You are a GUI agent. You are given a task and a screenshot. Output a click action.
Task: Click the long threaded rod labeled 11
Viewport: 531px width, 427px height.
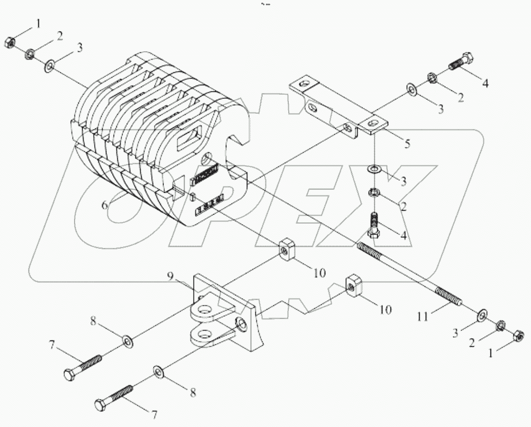407,274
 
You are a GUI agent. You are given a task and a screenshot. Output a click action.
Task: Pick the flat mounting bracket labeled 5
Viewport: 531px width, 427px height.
338,108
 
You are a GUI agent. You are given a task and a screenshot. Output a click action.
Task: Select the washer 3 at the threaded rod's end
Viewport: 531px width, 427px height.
482,317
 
